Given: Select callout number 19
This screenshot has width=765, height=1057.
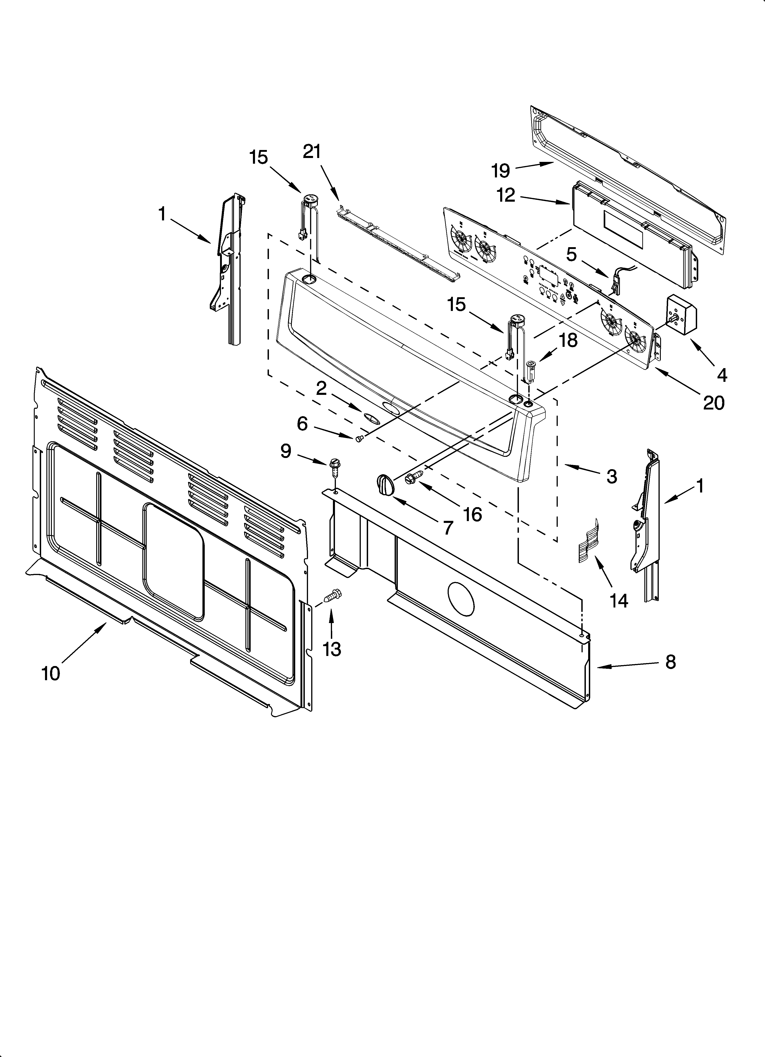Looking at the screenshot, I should (501, 171).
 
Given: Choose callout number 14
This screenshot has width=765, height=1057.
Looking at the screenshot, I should (619, 601).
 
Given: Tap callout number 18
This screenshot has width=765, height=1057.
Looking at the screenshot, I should (568, 340).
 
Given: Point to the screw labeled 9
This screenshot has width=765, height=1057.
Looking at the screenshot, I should (334, 466).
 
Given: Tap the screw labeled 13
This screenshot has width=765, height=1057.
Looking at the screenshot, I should (334, 596).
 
